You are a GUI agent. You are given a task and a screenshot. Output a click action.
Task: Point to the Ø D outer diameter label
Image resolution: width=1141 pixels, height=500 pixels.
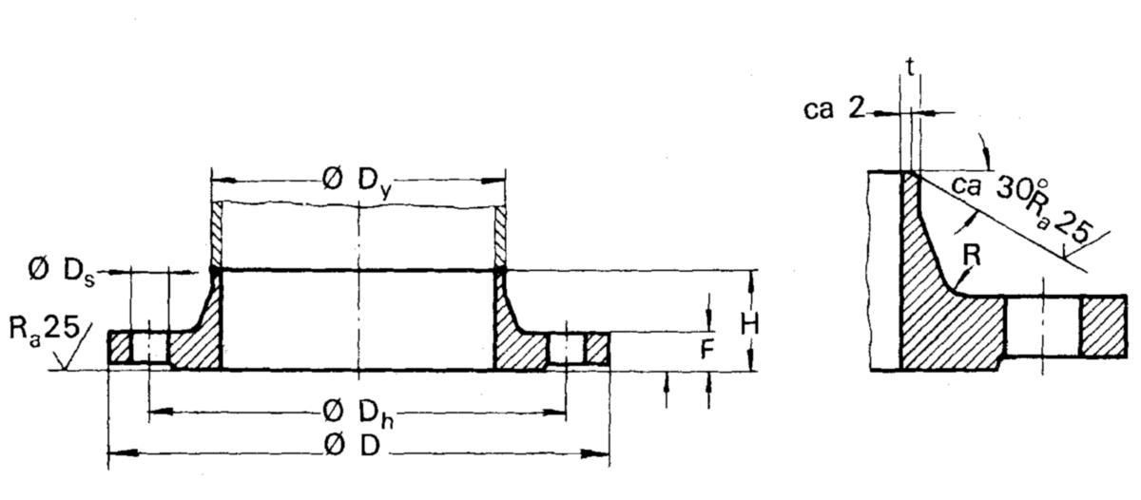point(352,446)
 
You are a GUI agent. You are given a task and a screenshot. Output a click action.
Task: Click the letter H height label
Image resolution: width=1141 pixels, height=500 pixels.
point(750,324)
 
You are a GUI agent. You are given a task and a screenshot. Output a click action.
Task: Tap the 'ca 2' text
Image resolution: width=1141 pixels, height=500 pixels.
point(834,108)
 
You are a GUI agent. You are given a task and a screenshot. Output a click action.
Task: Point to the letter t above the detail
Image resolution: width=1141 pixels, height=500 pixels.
point(910,67)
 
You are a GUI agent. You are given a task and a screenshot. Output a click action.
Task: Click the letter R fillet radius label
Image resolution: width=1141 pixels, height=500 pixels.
point(972,256)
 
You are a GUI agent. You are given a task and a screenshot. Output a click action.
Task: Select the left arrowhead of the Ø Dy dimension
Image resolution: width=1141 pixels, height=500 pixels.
point(225,181)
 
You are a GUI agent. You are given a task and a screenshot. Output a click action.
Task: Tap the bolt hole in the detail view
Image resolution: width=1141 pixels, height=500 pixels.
point(1042,327)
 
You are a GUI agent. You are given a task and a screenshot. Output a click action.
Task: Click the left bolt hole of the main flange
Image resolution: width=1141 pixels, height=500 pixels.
point(149,348)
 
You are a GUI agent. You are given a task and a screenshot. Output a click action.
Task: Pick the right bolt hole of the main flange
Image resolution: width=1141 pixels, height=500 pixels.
point(567,349)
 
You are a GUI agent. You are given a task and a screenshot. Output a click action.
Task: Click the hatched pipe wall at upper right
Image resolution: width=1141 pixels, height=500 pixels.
point(501,233)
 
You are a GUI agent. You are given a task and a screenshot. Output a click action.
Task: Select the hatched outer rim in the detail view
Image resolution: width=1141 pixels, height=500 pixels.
point(1103,326)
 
